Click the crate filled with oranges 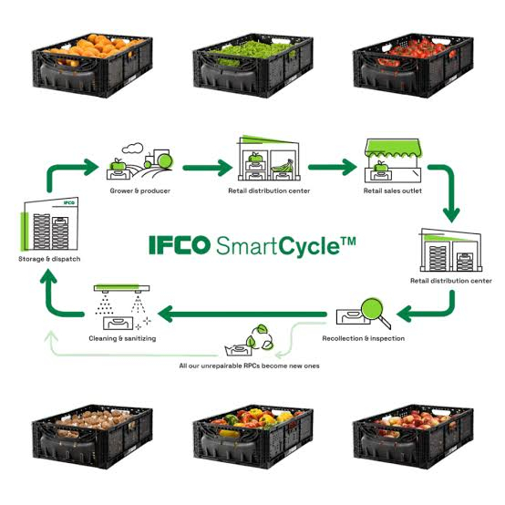(92, 66)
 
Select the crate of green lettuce (253, 66)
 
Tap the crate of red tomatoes (414, 66)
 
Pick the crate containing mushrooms (92, 437)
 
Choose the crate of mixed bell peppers (253, 437)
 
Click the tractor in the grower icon (159, 159)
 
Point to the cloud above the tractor (132, 149)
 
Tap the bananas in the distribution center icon (283, 167)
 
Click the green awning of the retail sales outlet (392, 149)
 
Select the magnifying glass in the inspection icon (375, 312)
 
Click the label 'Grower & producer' (139, 191)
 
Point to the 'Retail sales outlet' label (393, 191)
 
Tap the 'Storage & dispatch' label (49, 259)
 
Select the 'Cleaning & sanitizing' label (122, 338)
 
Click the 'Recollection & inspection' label (364, 338)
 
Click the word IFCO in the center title (180, 245)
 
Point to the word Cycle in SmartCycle (310, 247)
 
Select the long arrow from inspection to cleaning (242, 314)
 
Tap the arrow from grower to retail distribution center (208, 168)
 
